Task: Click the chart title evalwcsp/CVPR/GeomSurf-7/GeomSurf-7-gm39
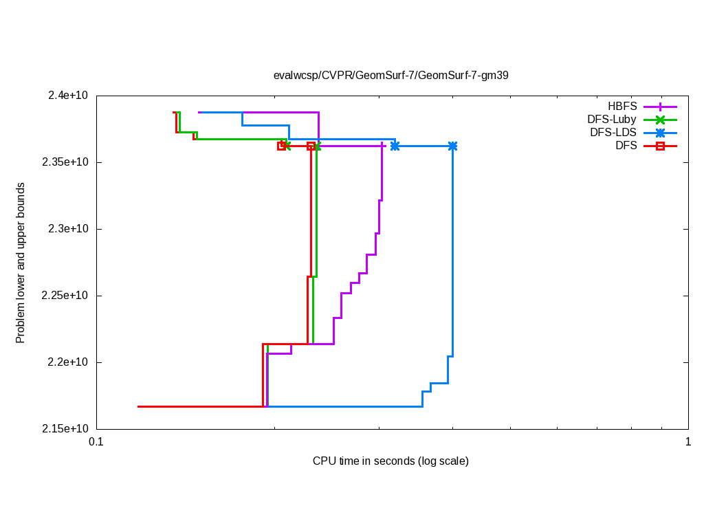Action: [390, 75]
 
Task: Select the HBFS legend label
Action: [622, 107]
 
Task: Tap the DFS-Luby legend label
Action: [612, 120]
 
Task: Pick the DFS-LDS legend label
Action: [613, 133]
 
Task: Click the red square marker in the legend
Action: [660, 146]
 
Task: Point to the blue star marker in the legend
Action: [660, 133]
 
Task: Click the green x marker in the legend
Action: [660, 120]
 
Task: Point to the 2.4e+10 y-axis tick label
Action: [66, 96]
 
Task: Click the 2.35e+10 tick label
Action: [63, 162]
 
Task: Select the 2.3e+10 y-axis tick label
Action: [66, 229]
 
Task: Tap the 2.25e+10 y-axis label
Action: [63, 296]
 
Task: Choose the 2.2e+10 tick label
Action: [66, 362]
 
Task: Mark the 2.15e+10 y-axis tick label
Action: [63, 429]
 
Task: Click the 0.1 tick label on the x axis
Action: [96, 443]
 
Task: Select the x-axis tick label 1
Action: [688, 443]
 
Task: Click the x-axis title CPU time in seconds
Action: [390, 461]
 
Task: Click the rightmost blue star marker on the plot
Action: [452, 146]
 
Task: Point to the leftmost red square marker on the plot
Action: [281, 146]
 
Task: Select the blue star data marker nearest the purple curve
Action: [395, 146]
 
